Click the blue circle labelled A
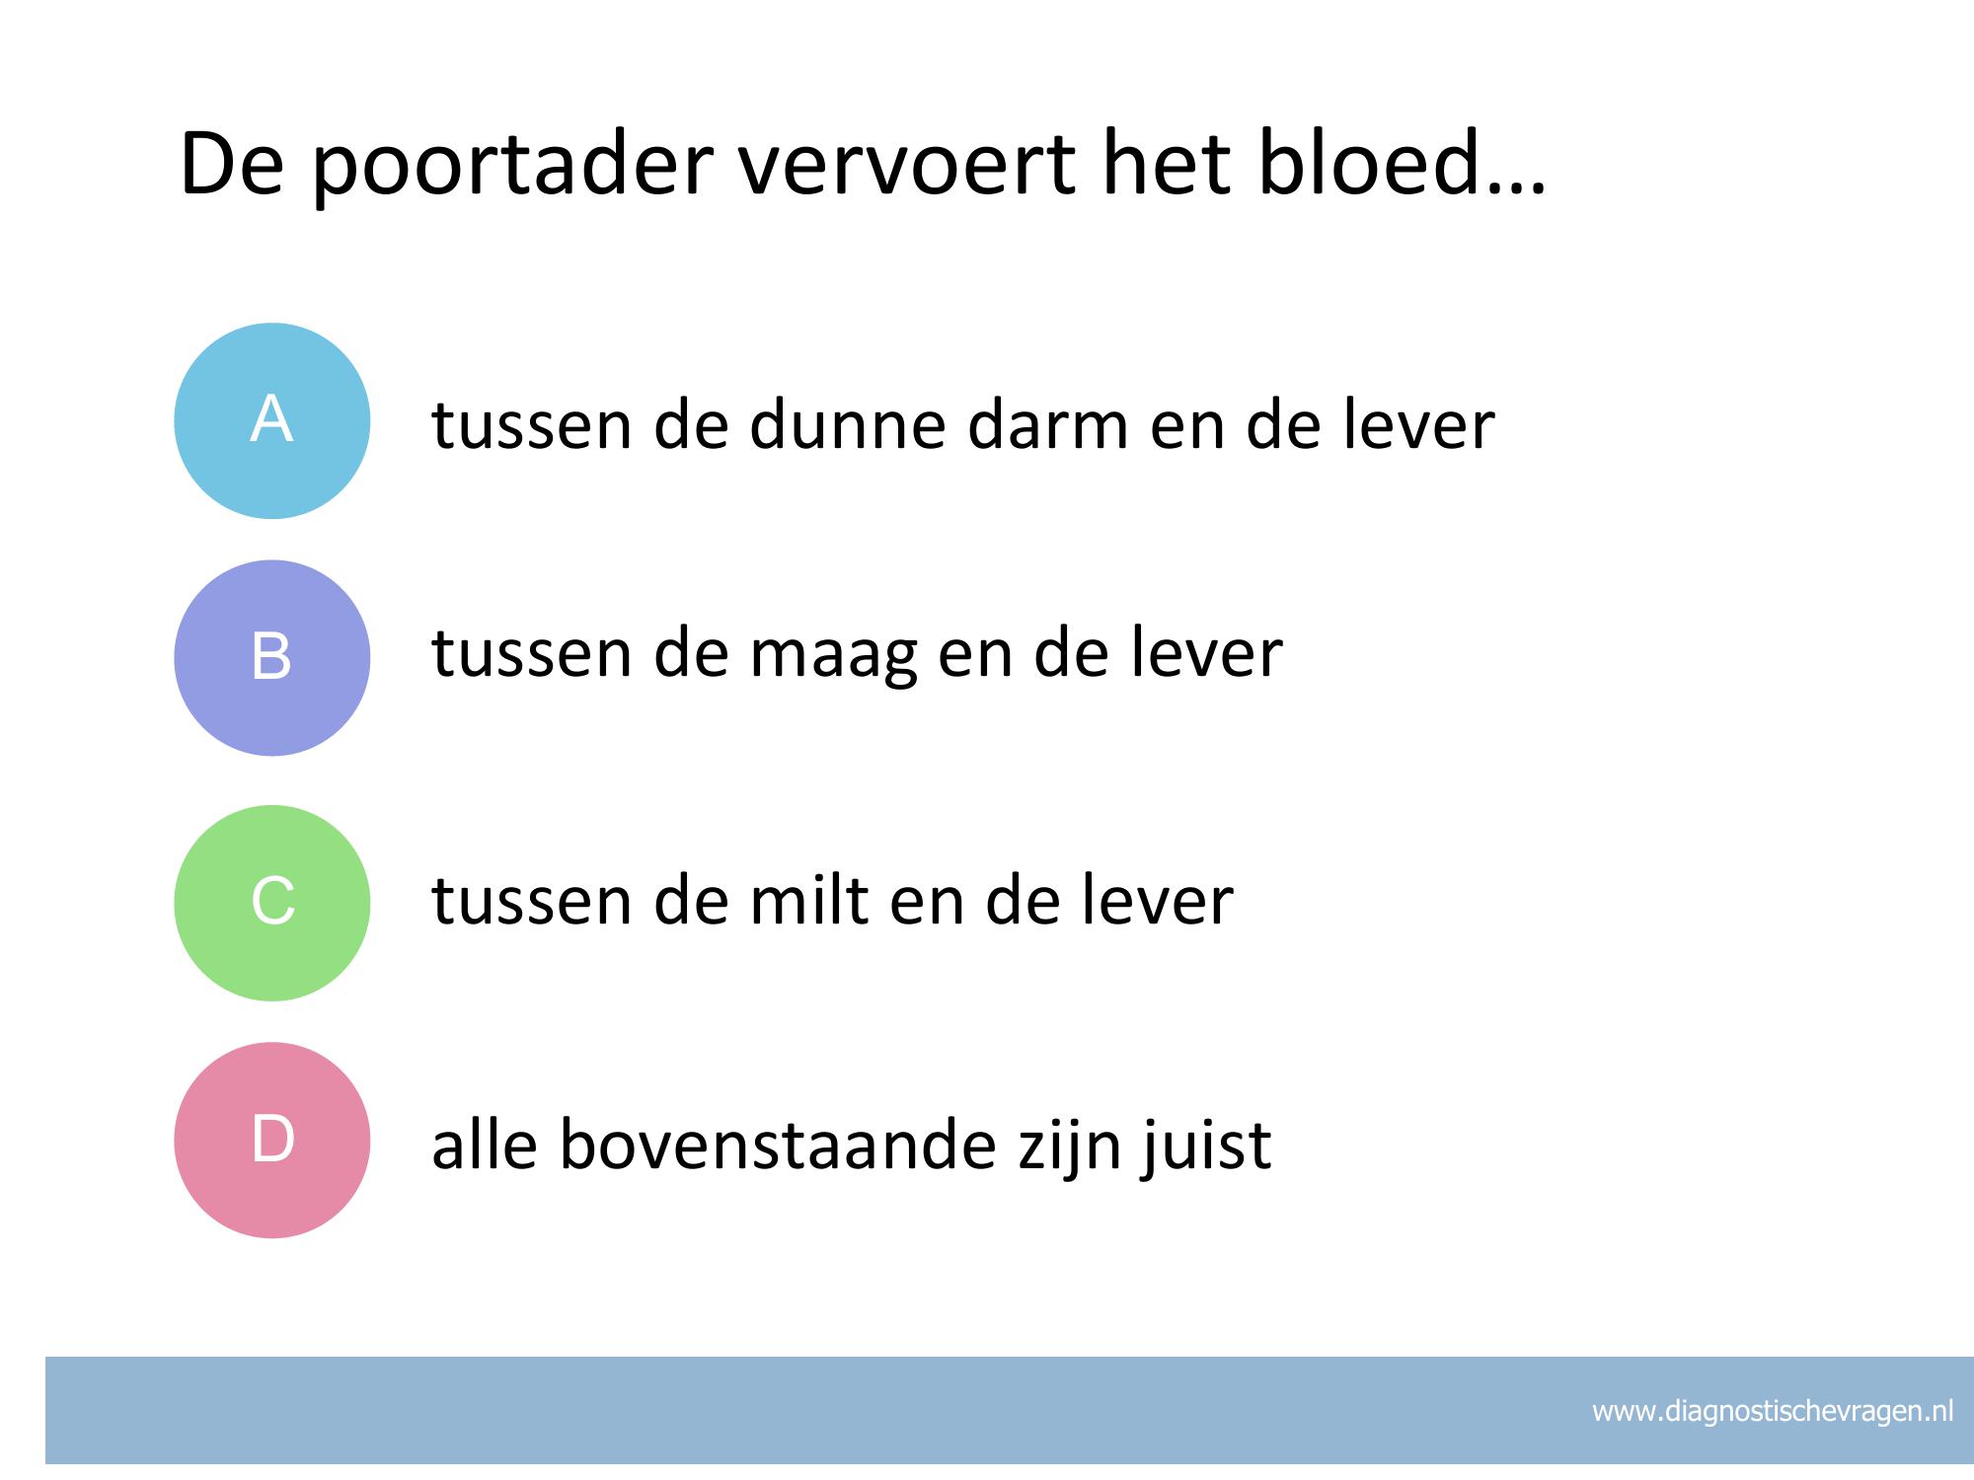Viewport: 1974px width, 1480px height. tap(272, 420)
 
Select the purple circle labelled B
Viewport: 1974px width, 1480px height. tap(272, 658)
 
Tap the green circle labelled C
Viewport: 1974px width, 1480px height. tap(272, 903)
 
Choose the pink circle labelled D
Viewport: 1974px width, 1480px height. tap(272, 1140)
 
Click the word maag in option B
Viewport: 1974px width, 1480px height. tap(834, 657)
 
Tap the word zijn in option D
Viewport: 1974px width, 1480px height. tap(1067, 1147)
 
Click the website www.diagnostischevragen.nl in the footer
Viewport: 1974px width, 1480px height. tap(1773, 1412)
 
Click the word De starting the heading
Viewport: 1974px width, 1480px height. tap(235, 163)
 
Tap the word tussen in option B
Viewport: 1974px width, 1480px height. tap(532, 655)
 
